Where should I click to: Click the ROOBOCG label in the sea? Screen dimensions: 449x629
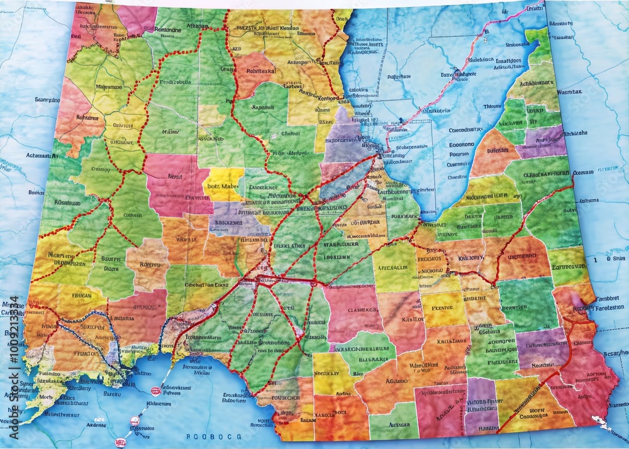(x=209, y=436)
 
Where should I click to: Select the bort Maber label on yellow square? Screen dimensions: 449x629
(x=221, y=186)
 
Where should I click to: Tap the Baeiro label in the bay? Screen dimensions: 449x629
(x=111, y=394)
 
